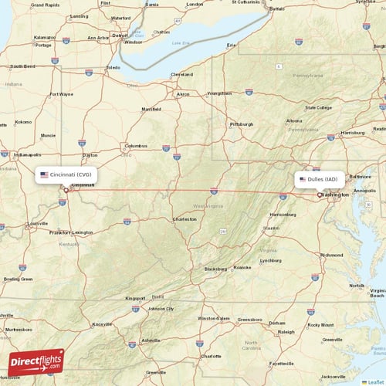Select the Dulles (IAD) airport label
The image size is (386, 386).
tap(319, 179)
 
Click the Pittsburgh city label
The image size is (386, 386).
tap(241, 124)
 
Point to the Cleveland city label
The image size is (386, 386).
tap(182, 74)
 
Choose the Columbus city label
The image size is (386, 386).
tap(136, 145)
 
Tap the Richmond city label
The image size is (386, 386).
tap(332, 254)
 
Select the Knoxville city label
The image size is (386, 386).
tap(102, 324)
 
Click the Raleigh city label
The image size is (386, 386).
tap(286, 331)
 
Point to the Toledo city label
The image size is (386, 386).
tap(113, 67)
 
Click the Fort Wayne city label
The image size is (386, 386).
tap(61, 94)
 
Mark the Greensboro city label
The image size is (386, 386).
tap(249, 318)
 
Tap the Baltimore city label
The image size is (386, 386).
tap(359, 175)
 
